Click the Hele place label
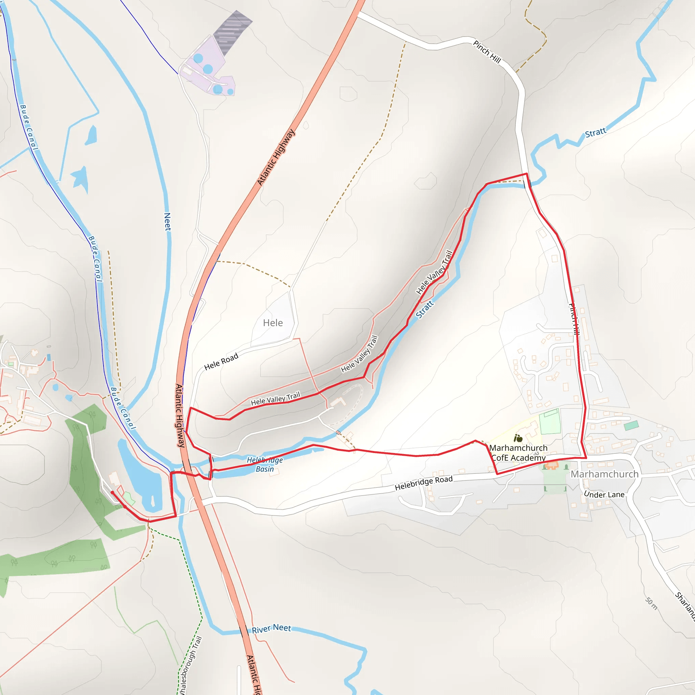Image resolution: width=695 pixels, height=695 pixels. point(273,323)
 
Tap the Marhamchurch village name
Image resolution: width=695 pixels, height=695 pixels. point(604,474)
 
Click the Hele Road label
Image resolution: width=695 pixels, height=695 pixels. point(221,361)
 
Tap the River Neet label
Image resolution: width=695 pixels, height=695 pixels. point(271,629)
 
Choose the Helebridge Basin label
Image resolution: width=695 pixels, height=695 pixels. point(265,465)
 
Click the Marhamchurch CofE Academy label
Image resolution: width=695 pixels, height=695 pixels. point(519,453)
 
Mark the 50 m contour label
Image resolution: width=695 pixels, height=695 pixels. point(651,604)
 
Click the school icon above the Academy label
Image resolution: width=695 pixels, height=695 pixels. point(518,438)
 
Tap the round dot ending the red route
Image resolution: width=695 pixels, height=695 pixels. point(112,492)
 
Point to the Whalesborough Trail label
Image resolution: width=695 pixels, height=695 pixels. point(190,665)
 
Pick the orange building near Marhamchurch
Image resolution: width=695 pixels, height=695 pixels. point(551,466)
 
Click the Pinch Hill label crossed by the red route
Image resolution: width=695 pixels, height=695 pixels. point(574,319)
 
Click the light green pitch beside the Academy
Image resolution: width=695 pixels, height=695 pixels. point(550,421)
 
